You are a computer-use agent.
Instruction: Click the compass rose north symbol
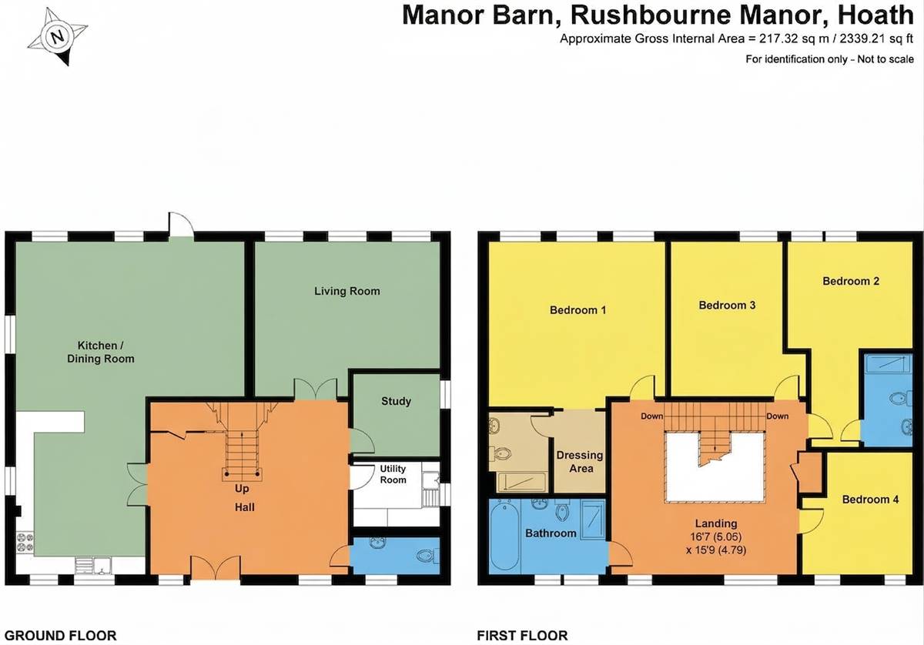(x=59, y=37)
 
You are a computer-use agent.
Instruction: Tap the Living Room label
(x=347, y=291)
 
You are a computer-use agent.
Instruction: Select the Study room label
(x=396, y=401)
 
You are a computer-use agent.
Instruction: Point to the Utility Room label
(x=393, y=474)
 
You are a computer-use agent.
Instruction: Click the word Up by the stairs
(x=242, y=489)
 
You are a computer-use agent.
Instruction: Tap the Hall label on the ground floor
(x=245, y=507)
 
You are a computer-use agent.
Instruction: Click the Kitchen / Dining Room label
(x=101, y=352)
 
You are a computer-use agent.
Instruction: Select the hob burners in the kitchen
(x=25, y=542)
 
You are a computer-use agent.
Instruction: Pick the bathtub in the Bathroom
(x=504, y=537)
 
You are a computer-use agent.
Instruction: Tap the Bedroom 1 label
(x=578, y=310)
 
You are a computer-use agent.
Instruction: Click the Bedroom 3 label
(x=727, y=305)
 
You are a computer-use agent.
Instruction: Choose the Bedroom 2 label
(x=851, y=281)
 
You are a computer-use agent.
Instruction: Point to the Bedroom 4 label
(x=870, y=500)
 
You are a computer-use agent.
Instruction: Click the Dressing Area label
(x=580, y=462)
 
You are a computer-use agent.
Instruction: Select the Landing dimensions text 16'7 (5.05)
(x=715, y=537)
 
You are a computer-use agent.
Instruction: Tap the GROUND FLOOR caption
(x=61, y=636)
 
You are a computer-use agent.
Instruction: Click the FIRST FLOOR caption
(x=522, y=636)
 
